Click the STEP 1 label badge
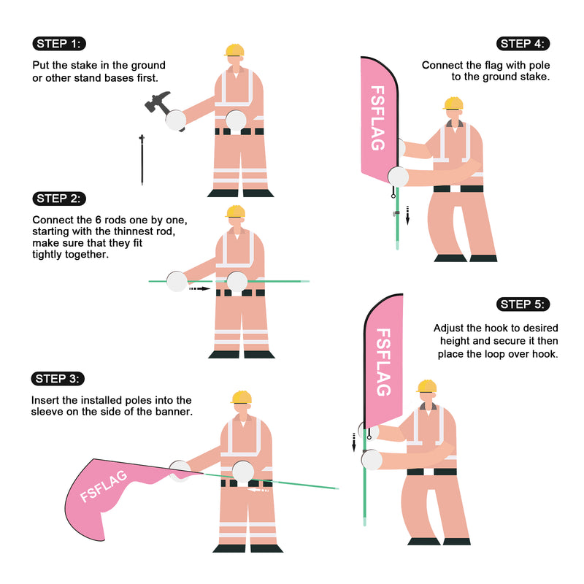59,44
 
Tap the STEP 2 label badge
59,199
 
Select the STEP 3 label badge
58,379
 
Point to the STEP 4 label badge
523,44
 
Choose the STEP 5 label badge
523,304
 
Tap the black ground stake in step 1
142,160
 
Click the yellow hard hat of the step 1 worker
234,50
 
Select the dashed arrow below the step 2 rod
199,288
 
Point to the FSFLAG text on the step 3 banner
104,486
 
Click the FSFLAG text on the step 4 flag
377,118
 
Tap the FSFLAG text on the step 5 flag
383,362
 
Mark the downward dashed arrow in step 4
407,215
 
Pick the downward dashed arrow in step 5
354,442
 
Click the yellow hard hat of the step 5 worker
427,386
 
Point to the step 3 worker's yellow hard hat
242,397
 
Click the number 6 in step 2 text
99,220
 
